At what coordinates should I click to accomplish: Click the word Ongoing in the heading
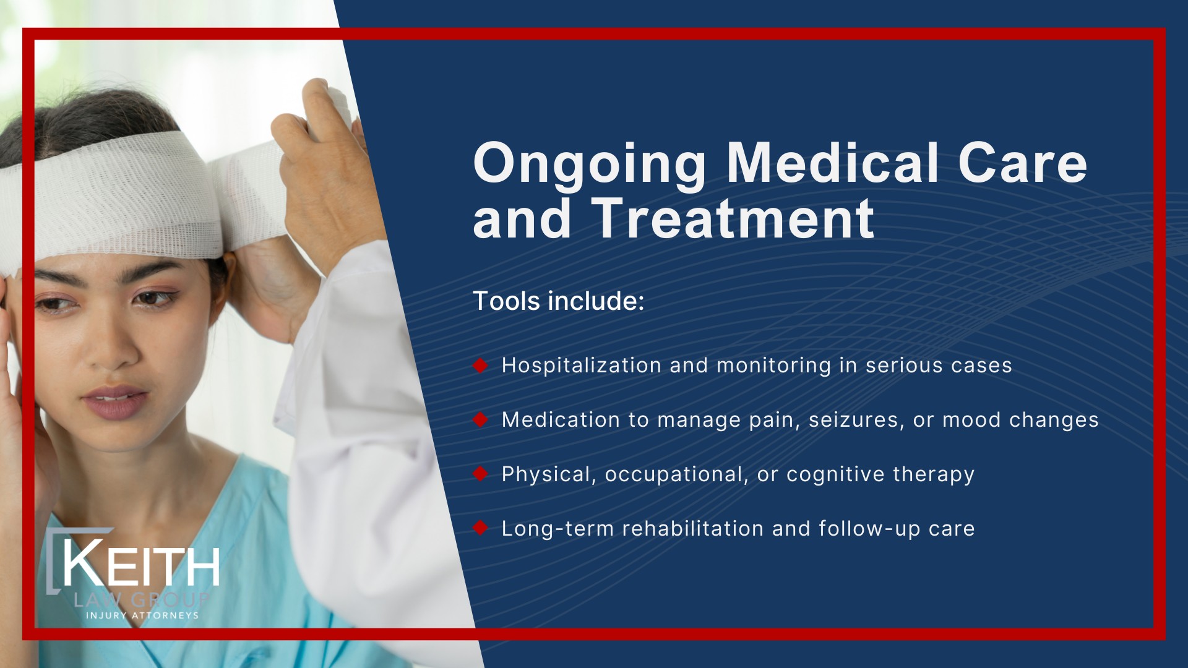pyautogui.click(x=589, y=164)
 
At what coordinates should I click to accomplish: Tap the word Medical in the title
pyautogui.click(x=833, y=163)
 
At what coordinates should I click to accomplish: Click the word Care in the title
pyautogui.click(x=1022, y=163)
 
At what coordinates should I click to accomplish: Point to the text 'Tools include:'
pyautogui.click(x=559, y=301)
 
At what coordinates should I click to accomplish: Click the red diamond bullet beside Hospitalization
pyautogui.click(x=481, y=366)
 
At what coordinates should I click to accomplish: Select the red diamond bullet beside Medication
pyautogui.click(x=481, y=420)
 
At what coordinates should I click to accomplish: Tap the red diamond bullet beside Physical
pyautogui.click(x=481, y=474)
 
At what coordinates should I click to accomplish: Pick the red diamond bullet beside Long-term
pyautogui.click(x=481, y=528)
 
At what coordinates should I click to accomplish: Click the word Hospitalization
pyautogui.click(x=581, y=366)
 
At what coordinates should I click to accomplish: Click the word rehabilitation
pyautogui.click(x=692, y=529)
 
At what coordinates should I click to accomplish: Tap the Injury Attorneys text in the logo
pyautogui.click(x=142, y=615)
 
